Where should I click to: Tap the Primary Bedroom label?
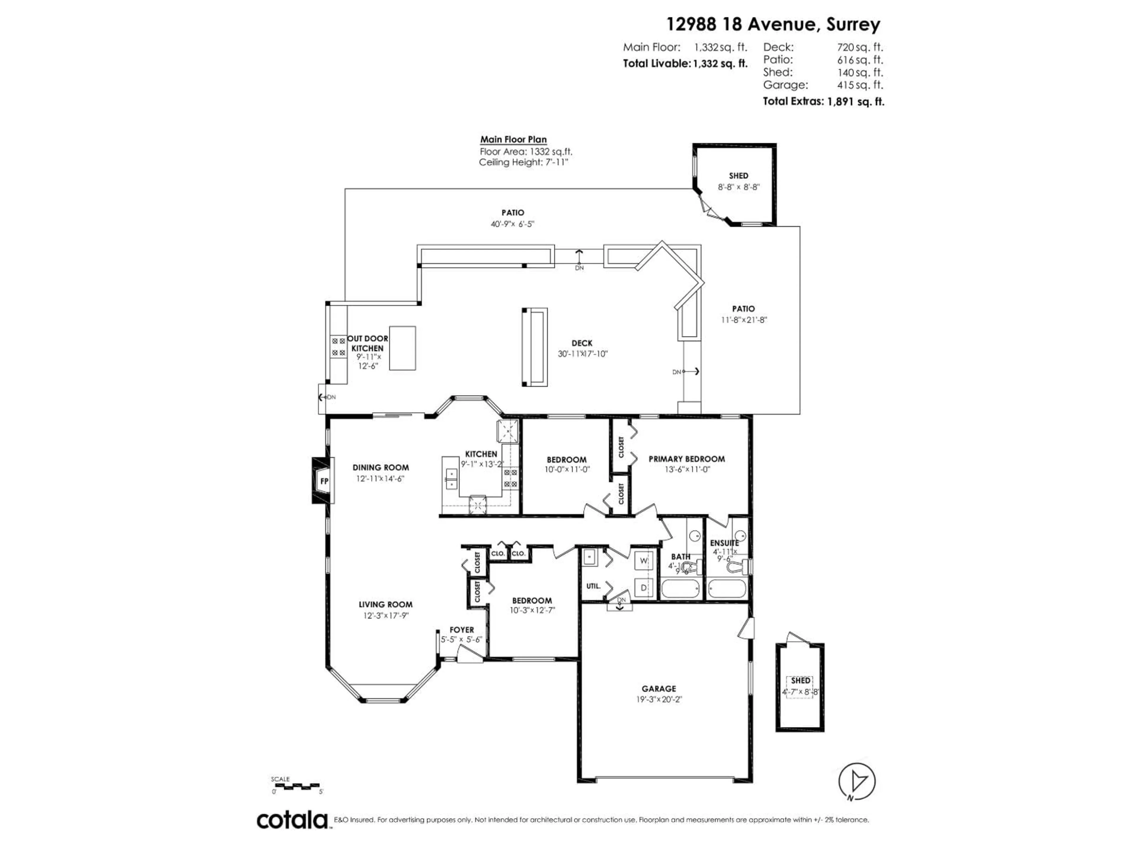(x=686, y=458)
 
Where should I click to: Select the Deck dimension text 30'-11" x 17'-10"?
(x=582, y=354)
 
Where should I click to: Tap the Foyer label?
(x=461, y=629)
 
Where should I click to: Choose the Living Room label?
(x=385, y=604)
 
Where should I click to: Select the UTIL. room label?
(x=593, y=586)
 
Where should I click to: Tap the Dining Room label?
(x=381, y=467)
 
